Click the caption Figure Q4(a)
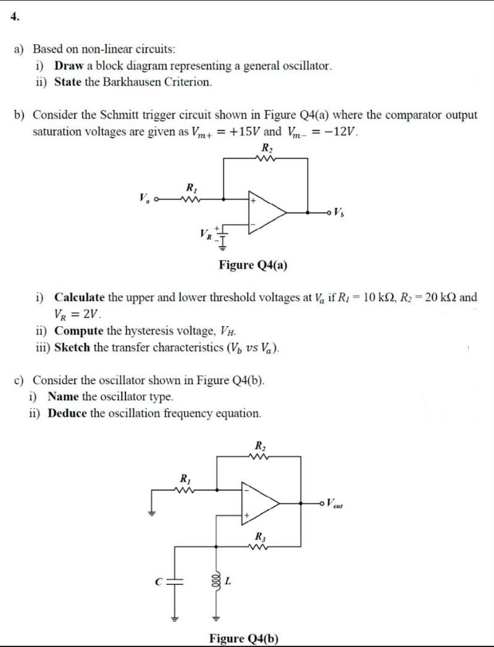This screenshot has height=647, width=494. [253, 265]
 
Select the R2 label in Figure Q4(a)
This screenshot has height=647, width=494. [266, 148]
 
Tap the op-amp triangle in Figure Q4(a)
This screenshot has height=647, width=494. [266, 213]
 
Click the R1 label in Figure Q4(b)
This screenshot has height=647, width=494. [183, 477]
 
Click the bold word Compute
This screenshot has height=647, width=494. [78, 330]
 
